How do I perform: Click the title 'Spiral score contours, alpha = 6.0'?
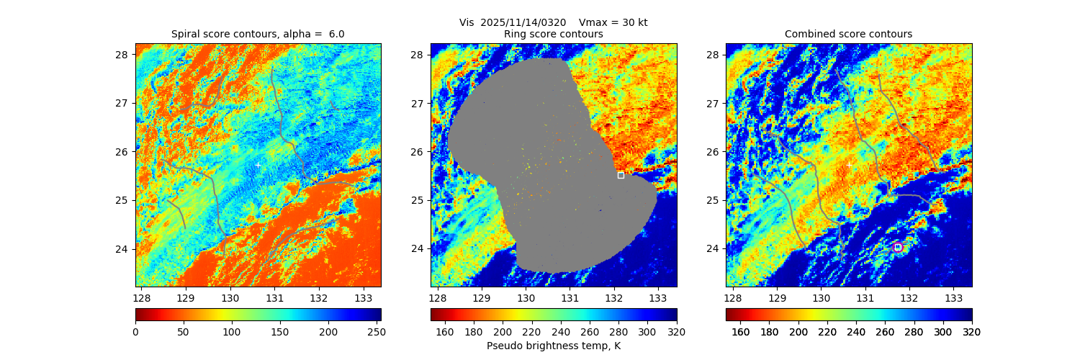258,34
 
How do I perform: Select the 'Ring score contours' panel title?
553,34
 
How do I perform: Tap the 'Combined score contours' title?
848,34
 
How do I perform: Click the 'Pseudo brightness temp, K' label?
553,346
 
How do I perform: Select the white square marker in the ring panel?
621,175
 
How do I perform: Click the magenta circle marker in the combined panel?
898,247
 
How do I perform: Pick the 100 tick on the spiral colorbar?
232,332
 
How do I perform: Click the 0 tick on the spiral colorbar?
135,332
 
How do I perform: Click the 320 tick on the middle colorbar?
677,332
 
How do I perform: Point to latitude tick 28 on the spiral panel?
122,55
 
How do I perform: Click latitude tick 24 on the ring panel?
417,249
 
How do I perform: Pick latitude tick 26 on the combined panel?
712,152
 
